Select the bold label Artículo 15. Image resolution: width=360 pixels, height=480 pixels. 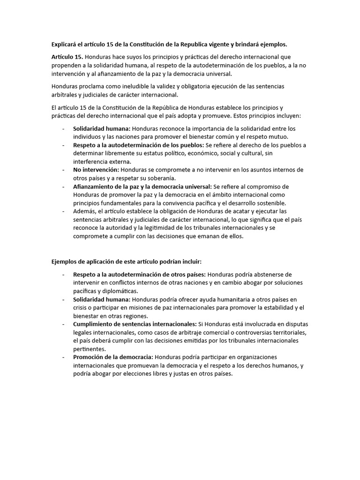pyautogui.click(x=67, y=57)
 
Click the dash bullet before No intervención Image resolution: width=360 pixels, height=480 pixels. pyautogui.click(x=63, y=170)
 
